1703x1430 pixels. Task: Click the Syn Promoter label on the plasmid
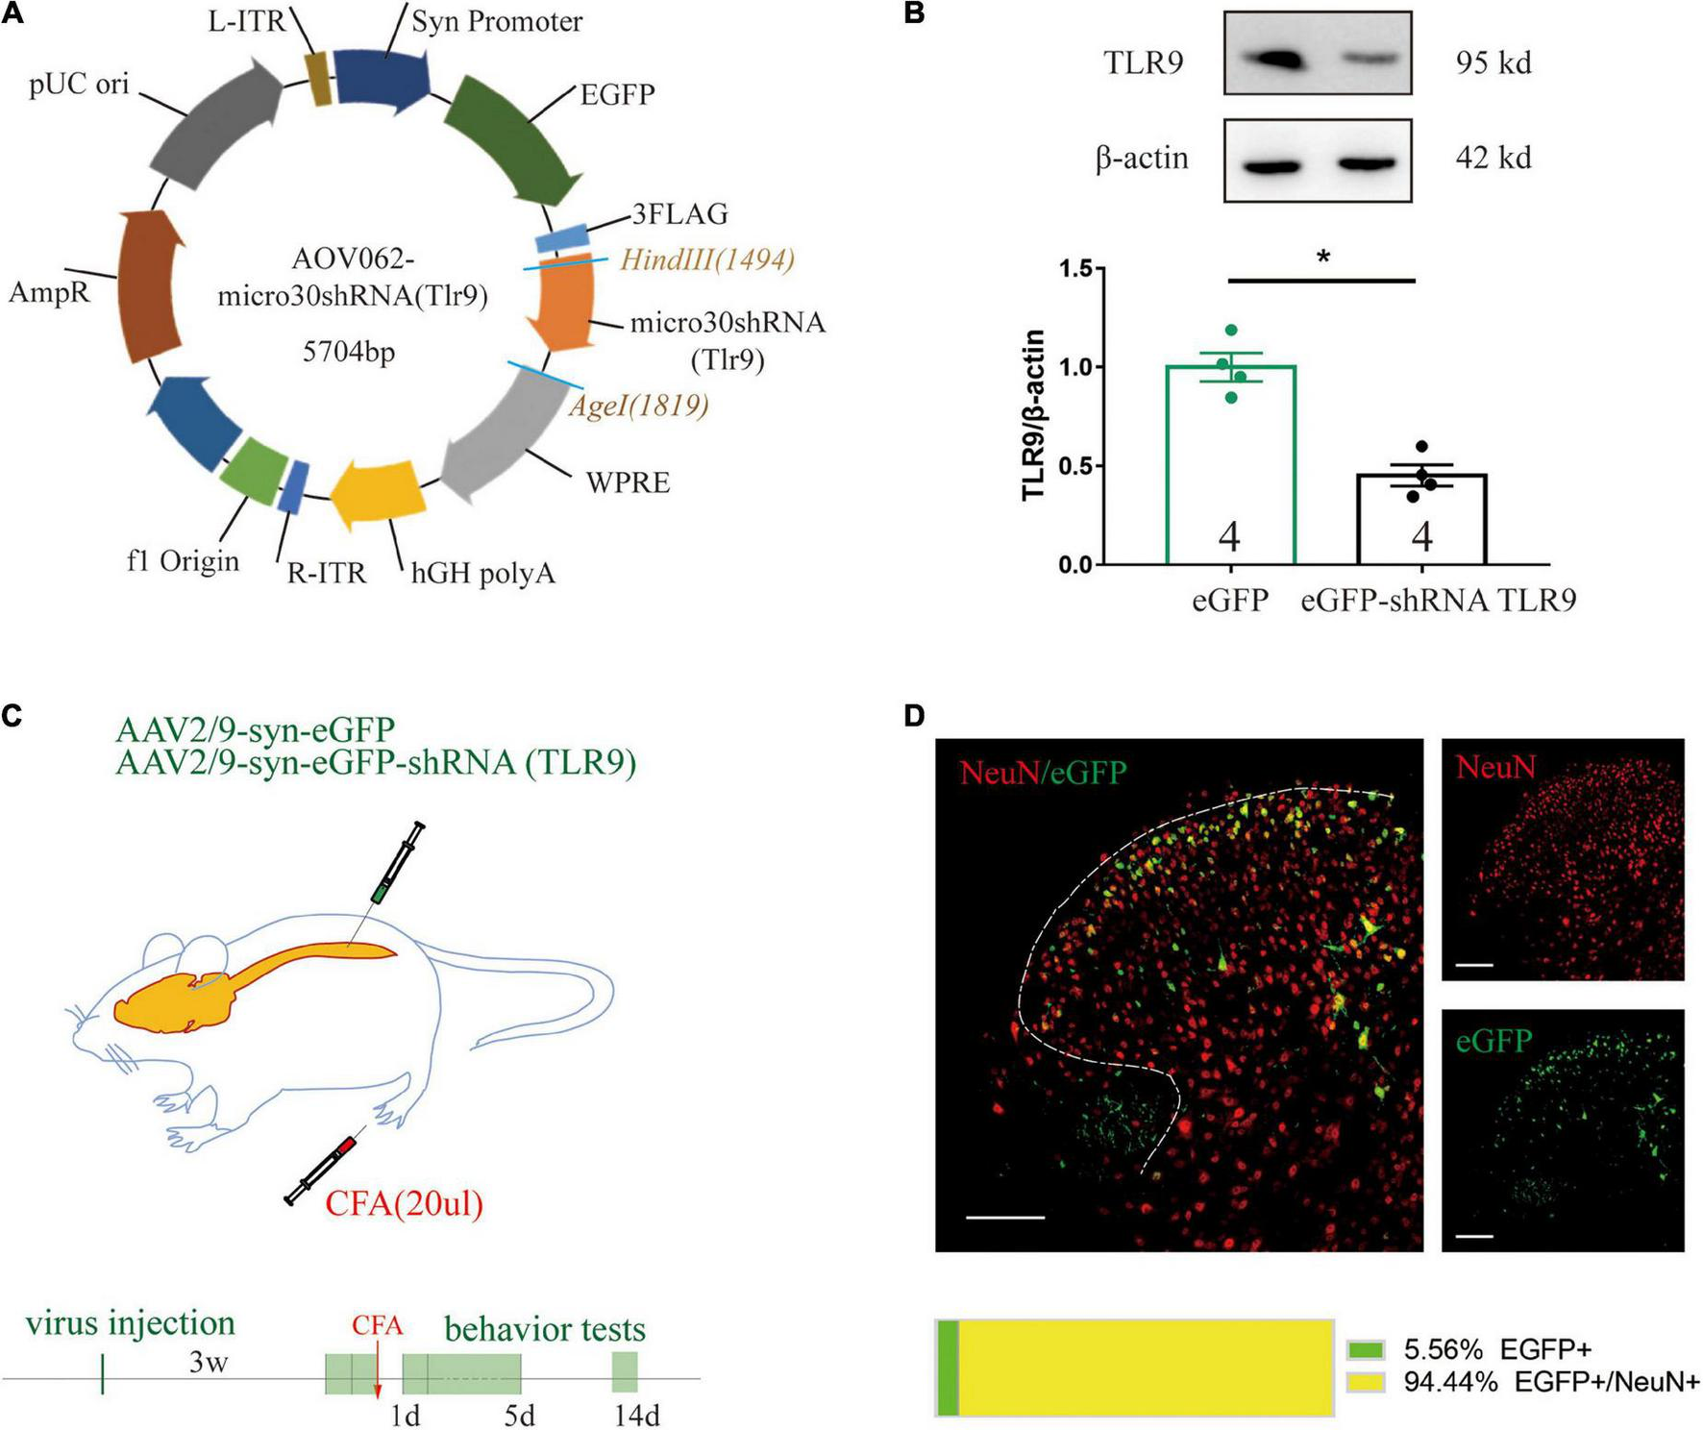496,21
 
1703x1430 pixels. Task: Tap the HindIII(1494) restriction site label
707,259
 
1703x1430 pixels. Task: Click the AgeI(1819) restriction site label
639,405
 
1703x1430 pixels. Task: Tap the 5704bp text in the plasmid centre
349,352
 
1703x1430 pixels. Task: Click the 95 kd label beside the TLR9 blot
1493,63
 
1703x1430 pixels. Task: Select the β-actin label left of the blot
1141,158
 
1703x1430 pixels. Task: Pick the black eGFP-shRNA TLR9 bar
1421,519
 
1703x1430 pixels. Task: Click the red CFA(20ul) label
404,1202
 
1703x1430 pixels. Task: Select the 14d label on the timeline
636,1416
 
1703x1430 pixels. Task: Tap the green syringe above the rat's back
395,866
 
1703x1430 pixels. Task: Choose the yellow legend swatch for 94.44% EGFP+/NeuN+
1366,1382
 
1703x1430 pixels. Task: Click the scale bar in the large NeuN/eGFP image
1004,1218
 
